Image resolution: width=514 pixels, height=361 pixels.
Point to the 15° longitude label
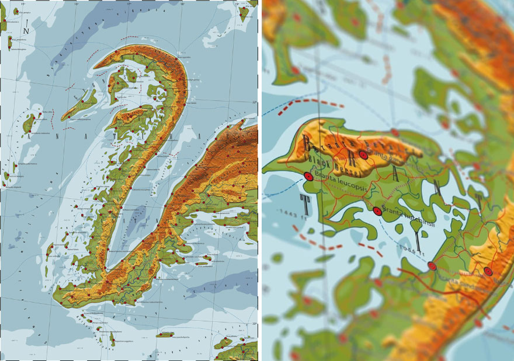(23, 5)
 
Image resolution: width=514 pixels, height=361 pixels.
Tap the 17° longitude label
(129, 5)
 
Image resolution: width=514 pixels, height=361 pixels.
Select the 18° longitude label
(182, 5)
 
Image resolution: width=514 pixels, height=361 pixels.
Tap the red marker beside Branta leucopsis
(308, 177)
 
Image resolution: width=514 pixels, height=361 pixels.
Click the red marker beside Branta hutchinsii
(377, 212)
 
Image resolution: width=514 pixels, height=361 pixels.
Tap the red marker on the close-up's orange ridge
(363, 155)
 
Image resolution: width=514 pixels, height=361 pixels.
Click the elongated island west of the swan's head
(79, 105)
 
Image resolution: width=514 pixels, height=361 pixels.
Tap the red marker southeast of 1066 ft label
(432, 266)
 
